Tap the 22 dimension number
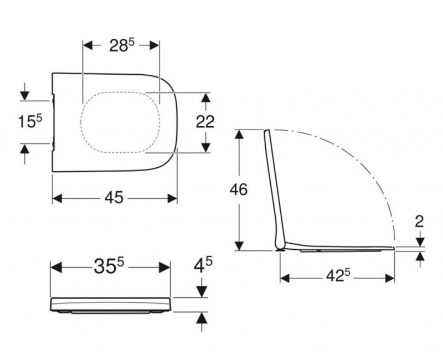(205, 122)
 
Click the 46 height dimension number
(238, 189)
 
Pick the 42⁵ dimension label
(337, 276)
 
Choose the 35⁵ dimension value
(109, 267)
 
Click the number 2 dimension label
(419, 221)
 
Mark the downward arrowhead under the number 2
(420, 241)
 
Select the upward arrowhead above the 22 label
(205, 98)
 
